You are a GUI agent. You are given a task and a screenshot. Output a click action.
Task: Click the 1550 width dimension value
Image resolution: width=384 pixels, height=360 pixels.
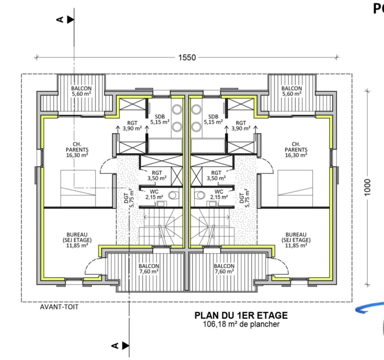coord(187,58)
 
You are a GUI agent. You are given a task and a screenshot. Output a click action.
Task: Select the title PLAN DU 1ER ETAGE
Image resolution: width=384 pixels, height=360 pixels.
coord(241,315)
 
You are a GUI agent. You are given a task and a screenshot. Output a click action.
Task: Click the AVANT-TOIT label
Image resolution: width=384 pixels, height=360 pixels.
coord(59,307)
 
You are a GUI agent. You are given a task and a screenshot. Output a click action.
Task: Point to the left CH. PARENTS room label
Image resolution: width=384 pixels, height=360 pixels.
coord(77,150)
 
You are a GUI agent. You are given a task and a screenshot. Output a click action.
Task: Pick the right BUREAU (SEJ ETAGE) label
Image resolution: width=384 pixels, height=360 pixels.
coord(296,240)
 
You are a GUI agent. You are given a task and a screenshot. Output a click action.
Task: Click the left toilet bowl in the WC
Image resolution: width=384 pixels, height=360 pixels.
coord(173,195)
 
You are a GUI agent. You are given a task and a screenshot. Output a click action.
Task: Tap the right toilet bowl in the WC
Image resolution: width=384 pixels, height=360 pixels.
coord(200,195)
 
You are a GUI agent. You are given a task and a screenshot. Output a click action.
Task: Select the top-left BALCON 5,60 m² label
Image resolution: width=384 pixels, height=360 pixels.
coord(82,91)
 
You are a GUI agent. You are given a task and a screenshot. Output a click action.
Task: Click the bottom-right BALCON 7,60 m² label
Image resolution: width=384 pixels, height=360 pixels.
coord(224,269)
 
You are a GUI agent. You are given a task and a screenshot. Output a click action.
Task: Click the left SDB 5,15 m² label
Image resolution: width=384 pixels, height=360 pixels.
coord(160,119)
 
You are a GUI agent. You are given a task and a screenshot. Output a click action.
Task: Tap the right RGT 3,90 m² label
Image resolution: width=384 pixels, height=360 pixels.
coord(241,125)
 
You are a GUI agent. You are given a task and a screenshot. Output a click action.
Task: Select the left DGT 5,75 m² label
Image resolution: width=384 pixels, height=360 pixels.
coord(129,198)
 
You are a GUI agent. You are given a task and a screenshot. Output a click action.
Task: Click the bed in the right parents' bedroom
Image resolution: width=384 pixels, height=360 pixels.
coord(295,188)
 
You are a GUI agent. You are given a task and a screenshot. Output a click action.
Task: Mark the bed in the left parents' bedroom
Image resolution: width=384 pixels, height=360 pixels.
coord(78,188)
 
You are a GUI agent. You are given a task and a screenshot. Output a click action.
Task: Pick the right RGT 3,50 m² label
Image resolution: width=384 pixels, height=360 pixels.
coord(216,175)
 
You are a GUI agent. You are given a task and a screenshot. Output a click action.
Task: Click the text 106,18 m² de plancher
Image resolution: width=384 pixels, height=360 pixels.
coord(241,324)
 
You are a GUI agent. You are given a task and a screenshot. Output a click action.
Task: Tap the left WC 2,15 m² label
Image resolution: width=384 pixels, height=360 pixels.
coord(154,195)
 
